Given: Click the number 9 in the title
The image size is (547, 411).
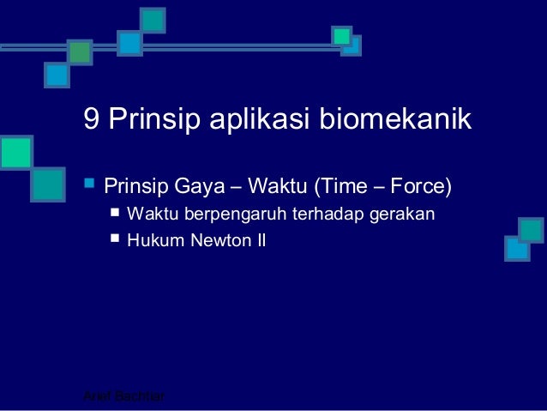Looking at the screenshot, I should click(x=92, y=119).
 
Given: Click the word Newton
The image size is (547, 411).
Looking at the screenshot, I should click(x=212, y=241).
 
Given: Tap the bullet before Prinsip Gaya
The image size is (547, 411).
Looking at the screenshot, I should click(x=87, y=184).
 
